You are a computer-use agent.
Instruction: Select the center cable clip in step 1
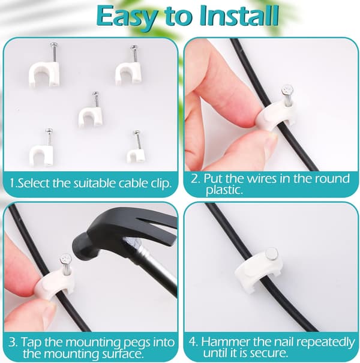coord(91,110)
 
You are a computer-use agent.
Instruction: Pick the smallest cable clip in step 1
coord(136,148)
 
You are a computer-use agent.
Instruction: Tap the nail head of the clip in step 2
coord(287,89)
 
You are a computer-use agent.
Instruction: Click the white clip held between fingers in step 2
coord(275,114)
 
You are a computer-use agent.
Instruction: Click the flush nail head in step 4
coord(272,253)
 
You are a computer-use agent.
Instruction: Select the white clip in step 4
coord(259,268)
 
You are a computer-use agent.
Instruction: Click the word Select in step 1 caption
coord(34,183)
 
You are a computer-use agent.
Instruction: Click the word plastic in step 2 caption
coord(224,190)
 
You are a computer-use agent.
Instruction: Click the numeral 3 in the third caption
coord(12,342)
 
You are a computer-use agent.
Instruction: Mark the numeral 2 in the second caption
coord(195,179)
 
